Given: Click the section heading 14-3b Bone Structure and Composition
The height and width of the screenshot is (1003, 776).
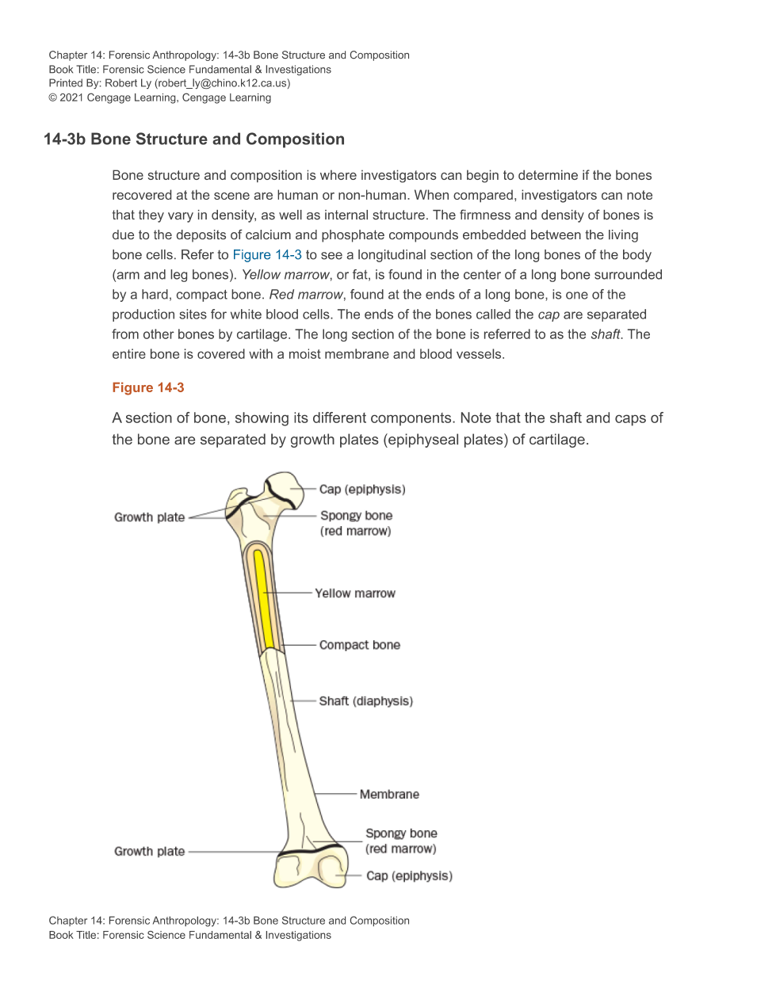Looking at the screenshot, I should point(194,139).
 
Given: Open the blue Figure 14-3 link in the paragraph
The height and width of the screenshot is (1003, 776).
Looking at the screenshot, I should point(266,254).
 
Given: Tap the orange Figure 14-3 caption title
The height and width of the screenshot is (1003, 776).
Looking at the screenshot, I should point(148,387).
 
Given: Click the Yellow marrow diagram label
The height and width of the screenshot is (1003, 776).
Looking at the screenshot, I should point(354,593).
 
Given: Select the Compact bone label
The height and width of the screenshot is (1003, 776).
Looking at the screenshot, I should point(359,645).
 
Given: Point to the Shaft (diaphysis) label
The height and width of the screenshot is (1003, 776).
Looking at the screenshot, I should point(365,701).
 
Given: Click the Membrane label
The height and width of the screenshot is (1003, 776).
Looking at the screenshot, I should point(389,794).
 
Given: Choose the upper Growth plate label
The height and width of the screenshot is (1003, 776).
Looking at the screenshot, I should point(149,517).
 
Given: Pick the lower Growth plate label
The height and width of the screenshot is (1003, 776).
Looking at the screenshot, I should point(149,852).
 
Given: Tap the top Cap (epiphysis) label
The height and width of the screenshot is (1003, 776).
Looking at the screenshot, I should point(362,490).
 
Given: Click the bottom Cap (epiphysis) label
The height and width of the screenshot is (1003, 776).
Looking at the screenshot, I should point(409,875).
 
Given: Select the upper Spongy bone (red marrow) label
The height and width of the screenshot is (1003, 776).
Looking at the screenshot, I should point(356,523).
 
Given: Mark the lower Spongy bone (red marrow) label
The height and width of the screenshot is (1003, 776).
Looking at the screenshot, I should point(401,841).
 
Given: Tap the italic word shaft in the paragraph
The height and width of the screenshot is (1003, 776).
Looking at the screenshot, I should point(605,334).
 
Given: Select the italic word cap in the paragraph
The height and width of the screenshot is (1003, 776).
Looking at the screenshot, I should point(549,315).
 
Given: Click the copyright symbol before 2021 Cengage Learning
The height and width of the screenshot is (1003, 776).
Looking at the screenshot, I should point(53,97).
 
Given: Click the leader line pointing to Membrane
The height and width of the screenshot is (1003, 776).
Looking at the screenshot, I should point(337,794).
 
